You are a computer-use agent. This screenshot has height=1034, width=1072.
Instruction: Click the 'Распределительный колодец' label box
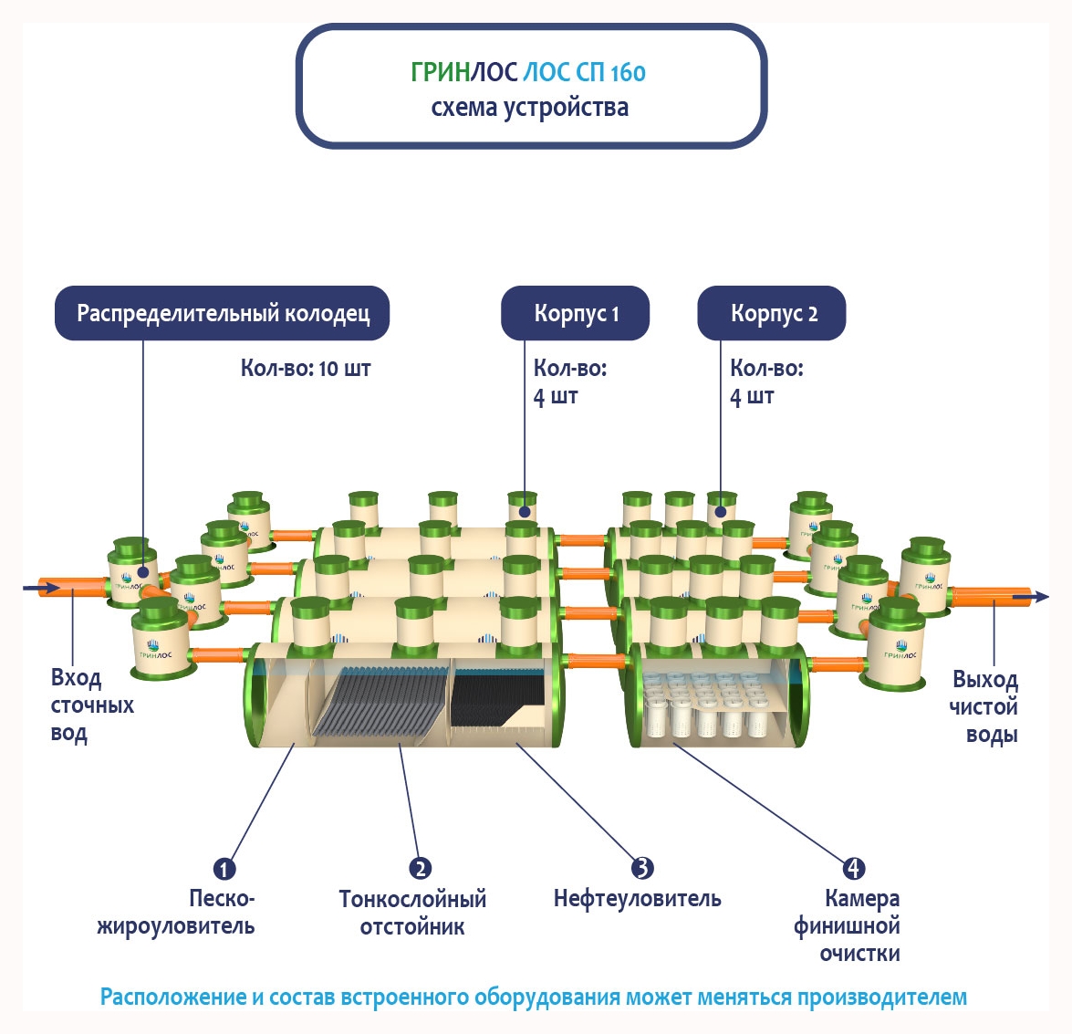click(x=223, y=314)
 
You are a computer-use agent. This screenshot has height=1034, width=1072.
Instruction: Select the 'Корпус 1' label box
click(x=576, y=314)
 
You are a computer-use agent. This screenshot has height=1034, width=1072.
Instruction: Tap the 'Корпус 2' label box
click(x=772, y=314)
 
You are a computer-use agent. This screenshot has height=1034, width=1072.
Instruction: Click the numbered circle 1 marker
click(x=224, y=869)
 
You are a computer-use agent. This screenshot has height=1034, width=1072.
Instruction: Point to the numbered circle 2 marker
click(x=420, y=868)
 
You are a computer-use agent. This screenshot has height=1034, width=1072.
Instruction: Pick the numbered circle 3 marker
click(x=642, y=868)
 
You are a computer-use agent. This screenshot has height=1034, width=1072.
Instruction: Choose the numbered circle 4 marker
click(x=853, y=868)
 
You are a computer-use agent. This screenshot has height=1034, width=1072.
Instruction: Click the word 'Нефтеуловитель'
click(x=637, y=899)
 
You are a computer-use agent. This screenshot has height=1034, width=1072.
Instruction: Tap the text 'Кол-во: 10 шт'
click(x=306, y=369)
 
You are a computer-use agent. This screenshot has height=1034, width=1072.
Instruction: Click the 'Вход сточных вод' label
click(x=91, y=705)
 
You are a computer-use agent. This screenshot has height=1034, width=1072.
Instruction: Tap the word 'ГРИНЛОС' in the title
click(x=464, y=72)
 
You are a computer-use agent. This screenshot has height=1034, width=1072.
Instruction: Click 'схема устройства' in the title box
click(x=529, y=108)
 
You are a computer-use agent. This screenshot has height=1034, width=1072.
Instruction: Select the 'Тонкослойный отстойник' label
click(x=412, y=913)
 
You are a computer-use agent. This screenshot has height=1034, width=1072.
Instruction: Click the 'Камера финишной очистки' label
click(x=848, y=926)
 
